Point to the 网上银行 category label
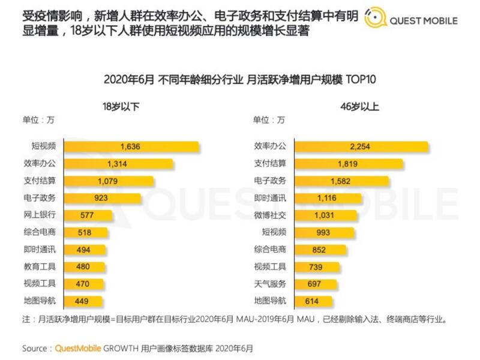[41, 215]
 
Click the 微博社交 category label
[270, 215]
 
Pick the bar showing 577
[81, 215]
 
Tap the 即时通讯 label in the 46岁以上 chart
[270, 198]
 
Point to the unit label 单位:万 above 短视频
[38, 119]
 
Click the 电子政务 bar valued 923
[103, 198]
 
